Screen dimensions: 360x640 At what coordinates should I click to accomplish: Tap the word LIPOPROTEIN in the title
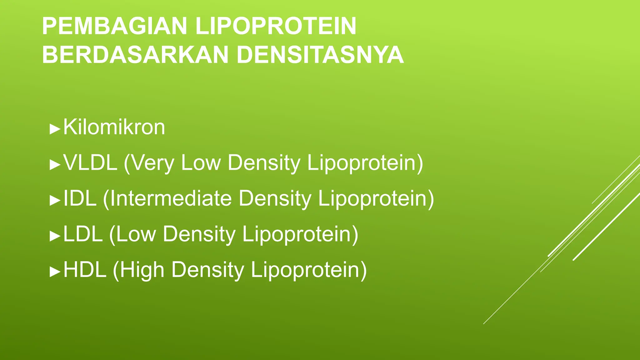tap(276, 26)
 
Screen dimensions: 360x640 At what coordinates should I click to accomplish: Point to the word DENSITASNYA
tap(320, 55)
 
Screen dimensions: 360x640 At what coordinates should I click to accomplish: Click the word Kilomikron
tap(114, 127)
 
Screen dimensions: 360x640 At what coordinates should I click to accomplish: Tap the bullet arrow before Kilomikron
tap(55, 129)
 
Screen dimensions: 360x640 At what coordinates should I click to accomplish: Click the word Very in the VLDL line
tap(152, 163)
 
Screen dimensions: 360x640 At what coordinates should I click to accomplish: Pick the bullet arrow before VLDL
tap(55, 165)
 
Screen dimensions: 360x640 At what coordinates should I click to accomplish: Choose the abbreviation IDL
tap(80, 198)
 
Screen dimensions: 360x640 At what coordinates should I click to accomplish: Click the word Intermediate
tap(171, 198)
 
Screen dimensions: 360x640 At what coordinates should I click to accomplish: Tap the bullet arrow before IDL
tap(55, 200)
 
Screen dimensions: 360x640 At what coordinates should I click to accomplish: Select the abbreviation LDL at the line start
tap(83, 234)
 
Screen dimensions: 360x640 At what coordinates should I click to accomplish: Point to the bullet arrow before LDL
tap(55, 236)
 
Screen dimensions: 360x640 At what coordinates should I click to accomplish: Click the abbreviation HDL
tap(85, 270)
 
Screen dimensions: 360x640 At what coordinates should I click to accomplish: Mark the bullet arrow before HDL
tap(55, 272)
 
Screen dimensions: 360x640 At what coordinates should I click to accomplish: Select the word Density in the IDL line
tap(275, 199)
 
